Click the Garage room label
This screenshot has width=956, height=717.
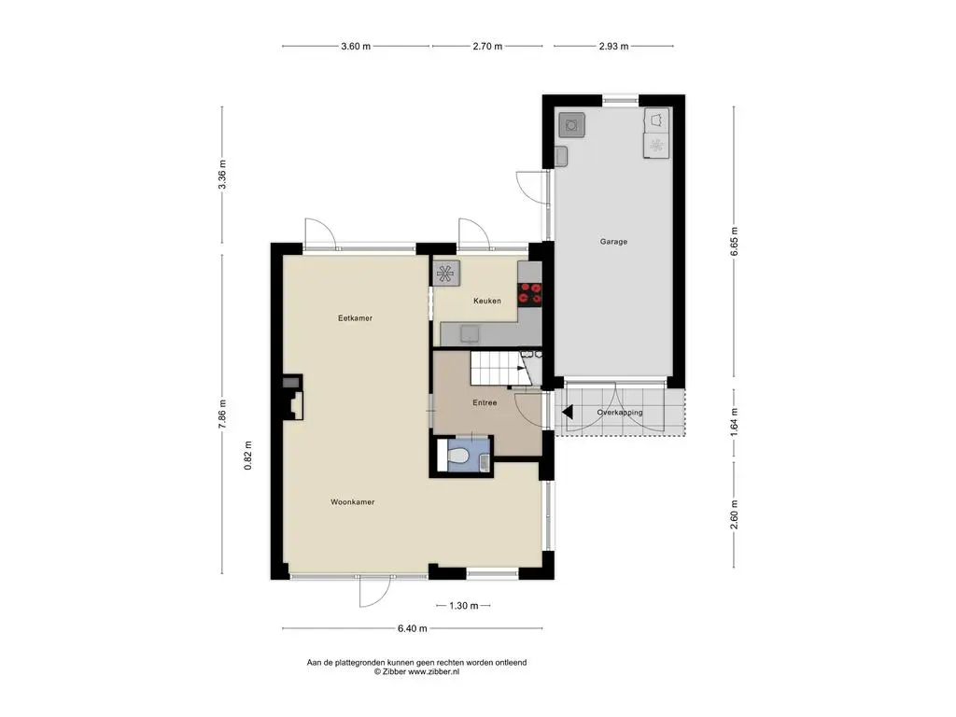point(613,242)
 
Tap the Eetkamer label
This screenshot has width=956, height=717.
point(355,317)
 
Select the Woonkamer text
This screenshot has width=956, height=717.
point(352,501)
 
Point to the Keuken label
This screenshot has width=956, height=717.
point(487,301)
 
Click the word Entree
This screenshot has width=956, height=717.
point(485,402)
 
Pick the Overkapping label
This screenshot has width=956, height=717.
point(620,412)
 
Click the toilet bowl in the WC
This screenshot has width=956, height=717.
point(457,456)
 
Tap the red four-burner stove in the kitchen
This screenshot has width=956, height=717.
point(530,294)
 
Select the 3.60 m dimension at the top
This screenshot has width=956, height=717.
point(356,46)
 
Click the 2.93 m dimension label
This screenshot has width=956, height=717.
point(613,46)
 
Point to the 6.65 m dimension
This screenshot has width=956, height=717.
point(734,241)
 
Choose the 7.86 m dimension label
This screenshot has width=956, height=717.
point(222,414)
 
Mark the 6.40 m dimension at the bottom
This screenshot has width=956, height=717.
point(412,628)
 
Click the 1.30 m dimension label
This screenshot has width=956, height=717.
point(463,605)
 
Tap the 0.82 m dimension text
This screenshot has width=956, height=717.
point(247,456)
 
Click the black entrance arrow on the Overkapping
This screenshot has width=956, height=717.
point(568,413)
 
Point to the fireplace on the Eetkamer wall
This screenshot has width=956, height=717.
point(292,397)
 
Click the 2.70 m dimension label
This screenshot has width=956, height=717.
point(487,46)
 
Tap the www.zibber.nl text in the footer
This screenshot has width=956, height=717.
point(433,671)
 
